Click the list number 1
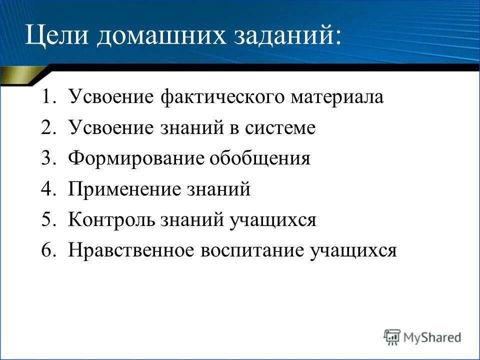48,97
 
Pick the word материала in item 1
337,97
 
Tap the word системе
280,128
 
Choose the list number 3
48,158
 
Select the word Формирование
137,158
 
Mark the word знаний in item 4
219,189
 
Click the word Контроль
112,220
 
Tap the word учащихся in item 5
272,220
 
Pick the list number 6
48,250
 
